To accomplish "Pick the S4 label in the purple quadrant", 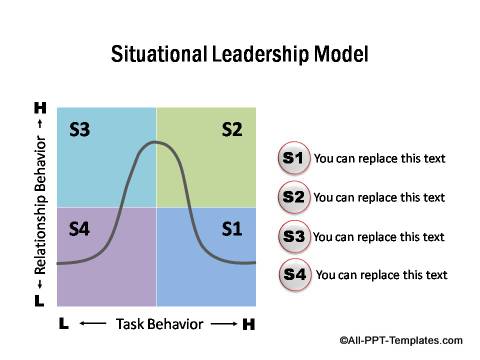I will pos(80,229).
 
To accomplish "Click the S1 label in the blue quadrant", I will pos(232,229).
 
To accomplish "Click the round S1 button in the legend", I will pos(293,158).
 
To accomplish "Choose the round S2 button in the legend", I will pos(293,197).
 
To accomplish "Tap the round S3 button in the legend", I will pos(293,236).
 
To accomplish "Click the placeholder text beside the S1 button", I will pos(379,158).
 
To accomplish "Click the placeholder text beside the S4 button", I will pos(381,275).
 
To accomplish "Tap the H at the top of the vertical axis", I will pos(40,107).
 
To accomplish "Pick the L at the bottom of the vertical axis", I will pos(39,300).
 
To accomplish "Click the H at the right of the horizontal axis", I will pos(249,323).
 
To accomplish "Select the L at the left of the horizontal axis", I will pos(63,323).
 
